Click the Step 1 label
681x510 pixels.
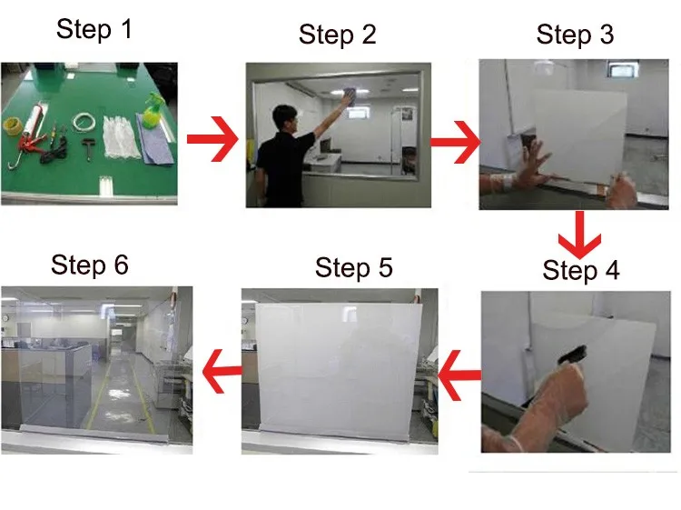pos(94,30)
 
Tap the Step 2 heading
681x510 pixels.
pos(337,35)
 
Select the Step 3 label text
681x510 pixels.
pos(575,35)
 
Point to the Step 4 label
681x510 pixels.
pos(581,270)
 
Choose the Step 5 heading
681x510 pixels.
pos(353,268)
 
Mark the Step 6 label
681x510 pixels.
pos(90,265)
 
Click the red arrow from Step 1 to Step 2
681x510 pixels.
pos(212,139)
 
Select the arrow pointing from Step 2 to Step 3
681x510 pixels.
pos(455,142)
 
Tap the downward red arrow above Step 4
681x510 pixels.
pos(579,235)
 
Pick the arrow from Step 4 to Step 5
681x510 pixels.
pos(459,375)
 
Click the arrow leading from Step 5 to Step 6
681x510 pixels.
pos(222,371)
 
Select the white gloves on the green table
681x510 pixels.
pos(118,137)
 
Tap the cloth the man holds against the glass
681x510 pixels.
pos(350,96)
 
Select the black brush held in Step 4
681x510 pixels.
pos(572,355)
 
